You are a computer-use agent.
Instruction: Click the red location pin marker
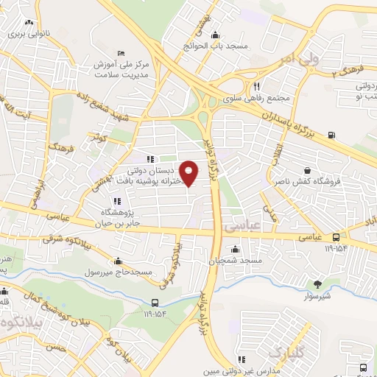click(189, 173)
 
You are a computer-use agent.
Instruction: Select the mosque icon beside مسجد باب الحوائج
click(214, 34)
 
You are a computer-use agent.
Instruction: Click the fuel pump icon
click(331, 135)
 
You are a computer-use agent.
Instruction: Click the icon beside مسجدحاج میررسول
click(119, 261)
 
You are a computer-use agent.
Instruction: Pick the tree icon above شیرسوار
click(317, 283)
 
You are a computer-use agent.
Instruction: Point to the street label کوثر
click(97, 138)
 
